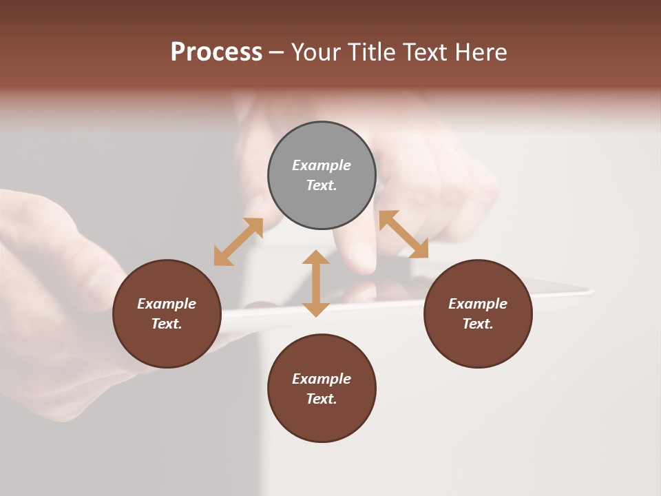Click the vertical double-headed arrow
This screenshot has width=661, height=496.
(316, 283)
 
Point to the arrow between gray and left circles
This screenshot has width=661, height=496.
(238, 242)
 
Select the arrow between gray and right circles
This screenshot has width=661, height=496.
(403, 234)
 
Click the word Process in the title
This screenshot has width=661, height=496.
(216, 52)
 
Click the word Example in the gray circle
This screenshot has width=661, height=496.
(322, 165)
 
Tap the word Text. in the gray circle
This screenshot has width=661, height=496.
(322, 185)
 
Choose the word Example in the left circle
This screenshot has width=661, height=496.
(167, 304)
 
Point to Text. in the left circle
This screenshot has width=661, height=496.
(167, 324)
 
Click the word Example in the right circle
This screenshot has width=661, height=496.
(478, 304)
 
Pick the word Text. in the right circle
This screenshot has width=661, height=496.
(478, 324)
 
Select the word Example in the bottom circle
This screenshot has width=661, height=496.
(322, 379)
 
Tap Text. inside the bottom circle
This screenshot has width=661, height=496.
(322, 399)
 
